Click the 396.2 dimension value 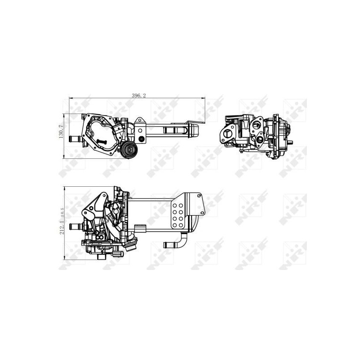pos(139,96)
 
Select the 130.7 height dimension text pos(61,131)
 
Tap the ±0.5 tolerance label pos(62,213)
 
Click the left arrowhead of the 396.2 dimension pos(71,98)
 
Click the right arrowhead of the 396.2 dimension pos(203,98)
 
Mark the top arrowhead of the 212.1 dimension pos(65,189)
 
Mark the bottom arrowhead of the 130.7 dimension pos(63,156)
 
